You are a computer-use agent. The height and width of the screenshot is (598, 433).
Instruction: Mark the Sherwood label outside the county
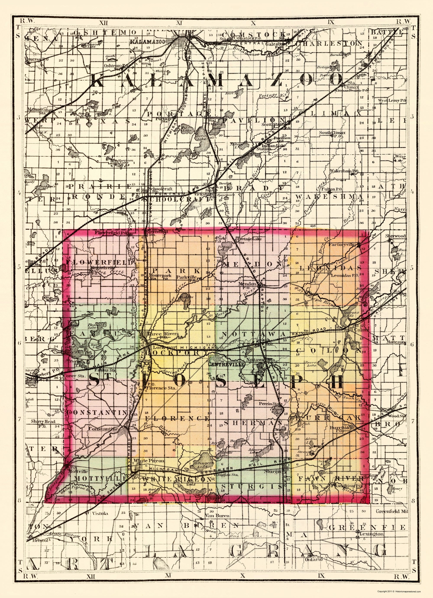point(395,236)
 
